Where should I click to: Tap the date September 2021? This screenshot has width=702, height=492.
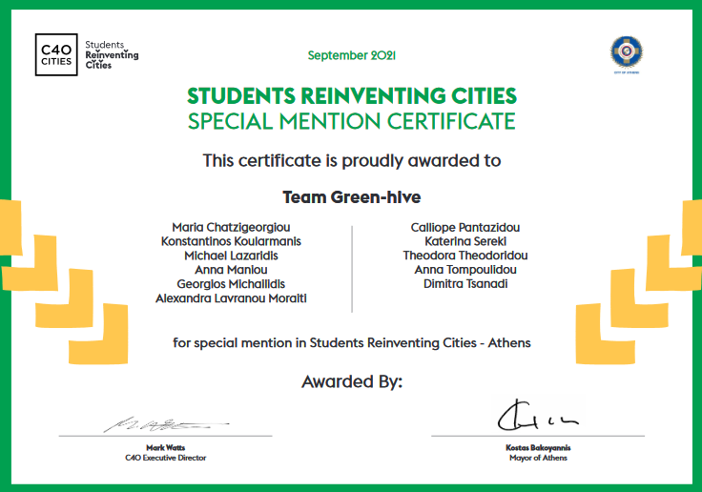click(351, 55)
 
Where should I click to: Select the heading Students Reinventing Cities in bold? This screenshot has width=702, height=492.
click(351, 96)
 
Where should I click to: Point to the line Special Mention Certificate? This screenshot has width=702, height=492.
click(351, 121)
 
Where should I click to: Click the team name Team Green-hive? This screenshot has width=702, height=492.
click(351, 197)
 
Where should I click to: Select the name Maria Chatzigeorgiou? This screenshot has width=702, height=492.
click(231, 227)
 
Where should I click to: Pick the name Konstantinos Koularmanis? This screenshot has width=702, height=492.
click(231, 241)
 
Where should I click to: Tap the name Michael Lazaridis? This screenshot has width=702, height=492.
click(231, 256)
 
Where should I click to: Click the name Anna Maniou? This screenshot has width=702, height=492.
click(231, 270)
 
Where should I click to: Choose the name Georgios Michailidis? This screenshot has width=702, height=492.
click(231, 284)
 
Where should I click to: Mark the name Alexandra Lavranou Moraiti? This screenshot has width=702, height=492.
click(231, 298)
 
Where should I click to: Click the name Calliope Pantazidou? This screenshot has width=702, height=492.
click(465, 227)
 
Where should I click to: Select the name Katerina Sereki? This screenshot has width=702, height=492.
click(465, 241)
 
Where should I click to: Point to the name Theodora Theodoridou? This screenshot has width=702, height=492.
click(465, 256)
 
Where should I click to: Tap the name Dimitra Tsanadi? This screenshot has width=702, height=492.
click(465, 284)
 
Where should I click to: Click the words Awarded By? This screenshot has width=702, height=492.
click(351, 381)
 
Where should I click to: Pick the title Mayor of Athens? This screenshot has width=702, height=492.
click(538, 458)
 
